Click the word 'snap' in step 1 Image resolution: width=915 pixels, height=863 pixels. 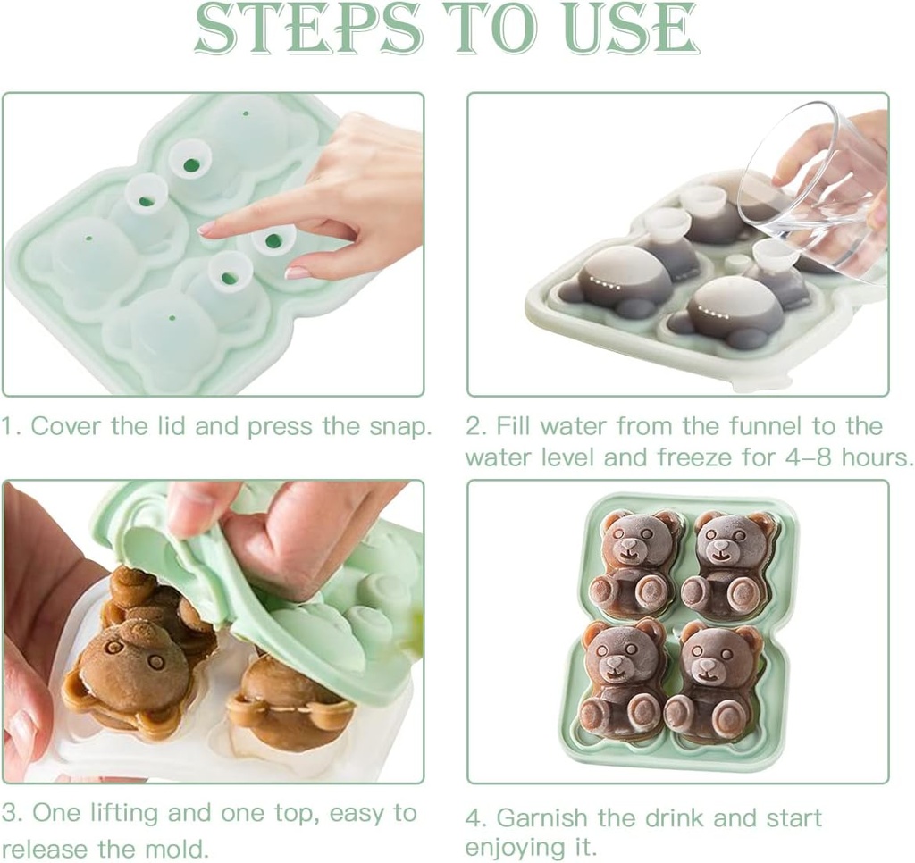401,427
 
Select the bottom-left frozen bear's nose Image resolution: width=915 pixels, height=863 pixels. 613,664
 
